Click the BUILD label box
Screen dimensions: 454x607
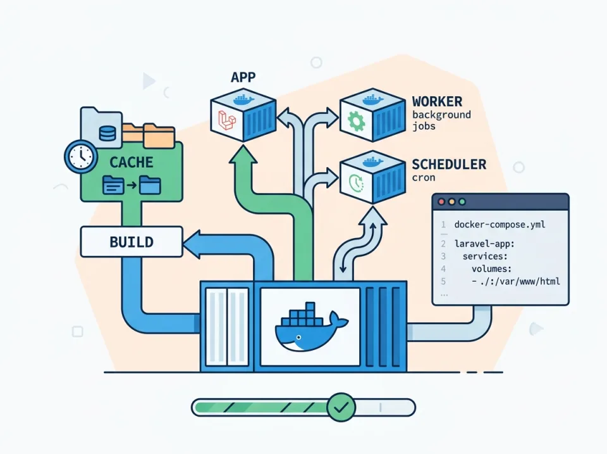[x=132, y=242]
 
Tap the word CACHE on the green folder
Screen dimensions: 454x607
[x=132, y=162]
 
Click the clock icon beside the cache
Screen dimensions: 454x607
[x=80, y=156]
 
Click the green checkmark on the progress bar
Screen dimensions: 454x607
[x=342, y=407]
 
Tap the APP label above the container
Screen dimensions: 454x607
[x=243, y=78]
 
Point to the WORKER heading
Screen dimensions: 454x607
[x=437, y=101]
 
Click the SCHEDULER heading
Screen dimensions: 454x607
[x=449, y=165]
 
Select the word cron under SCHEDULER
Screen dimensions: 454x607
[x=424, y=178]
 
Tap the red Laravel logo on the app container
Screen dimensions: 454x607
[x=227, y=119]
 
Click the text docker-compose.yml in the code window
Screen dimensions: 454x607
[x=500, y=225]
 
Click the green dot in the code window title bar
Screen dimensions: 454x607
[x=462, y=201]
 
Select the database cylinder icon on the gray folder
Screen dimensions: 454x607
[x=107, y=132]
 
